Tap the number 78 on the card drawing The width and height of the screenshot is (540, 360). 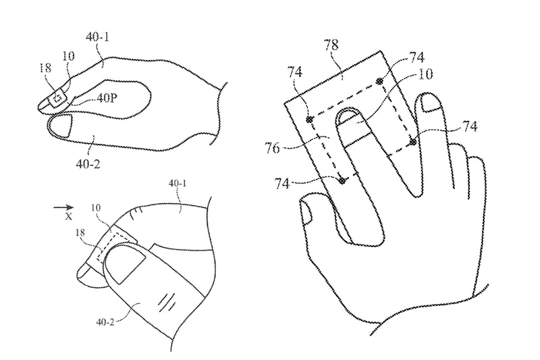(x=331, y=45)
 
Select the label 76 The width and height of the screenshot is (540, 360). (x=272, y=149)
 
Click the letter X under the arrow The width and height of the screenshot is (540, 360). (x=69, y=217)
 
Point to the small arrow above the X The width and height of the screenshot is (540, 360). (x=63, y=207)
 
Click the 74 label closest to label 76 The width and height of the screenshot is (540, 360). (x=281, y=184)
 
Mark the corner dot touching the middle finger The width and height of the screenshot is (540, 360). (x=412, y=142)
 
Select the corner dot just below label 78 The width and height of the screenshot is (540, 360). (x=379, y=82)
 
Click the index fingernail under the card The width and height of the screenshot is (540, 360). (x=348, y=116)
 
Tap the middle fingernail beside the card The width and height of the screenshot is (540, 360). (x=431, y=103)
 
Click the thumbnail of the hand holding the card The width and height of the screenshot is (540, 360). (x=306, y=213)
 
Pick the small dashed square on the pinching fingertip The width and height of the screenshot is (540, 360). (x=58, y=98)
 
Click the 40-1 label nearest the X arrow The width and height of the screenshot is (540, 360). (x=178, y=183)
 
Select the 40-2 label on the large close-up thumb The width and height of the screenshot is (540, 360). (x=105, y=322)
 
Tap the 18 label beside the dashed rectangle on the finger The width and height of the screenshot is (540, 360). (x=80, y=233)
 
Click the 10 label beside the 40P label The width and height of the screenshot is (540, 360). (x=68, y=55)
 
